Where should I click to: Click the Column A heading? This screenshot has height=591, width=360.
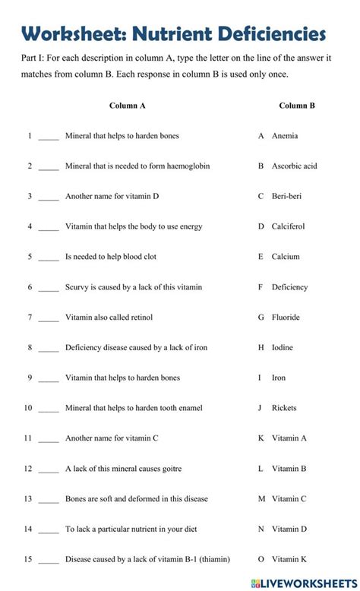127,106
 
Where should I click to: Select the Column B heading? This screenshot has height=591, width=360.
297,106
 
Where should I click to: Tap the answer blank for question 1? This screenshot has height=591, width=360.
49,137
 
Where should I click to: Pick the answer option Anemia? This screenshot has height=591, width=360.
285,136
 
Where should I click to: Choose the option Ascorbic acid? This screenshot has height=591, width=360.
294,166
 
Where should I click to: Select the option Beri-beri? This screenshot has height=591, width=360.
286,196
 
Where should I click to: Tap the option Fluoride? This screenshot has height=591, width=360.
286,318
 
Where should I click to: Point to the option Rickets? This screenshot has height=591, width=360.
285,408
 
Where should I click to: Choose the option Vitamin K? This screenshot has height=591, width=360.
289,560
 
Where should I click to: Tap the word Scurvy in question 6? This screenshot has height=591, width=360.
77,287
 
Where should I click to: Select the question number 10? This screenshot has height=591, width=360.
28,408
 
